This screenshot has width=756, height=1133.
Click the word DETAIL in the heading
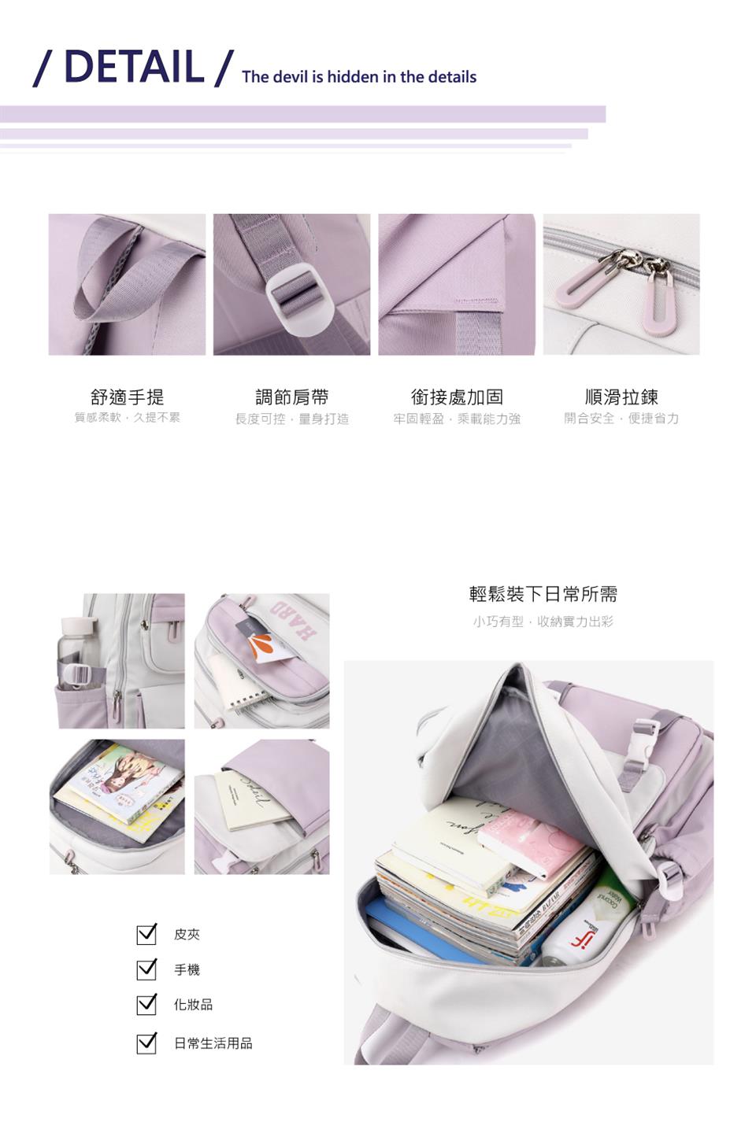tap(133, 66)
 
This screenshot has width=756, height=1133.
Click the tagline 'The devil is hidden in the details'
tap(359, 77)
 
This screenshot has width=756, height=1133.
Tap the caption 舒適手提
tap(127, 397)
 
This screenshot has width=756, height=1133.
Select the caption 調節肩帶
tap(291, 397)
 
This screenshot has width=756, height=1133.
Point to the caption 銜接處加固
tap(457, 397)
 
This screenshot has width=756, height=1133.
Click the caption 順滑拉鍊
tap(621, 397)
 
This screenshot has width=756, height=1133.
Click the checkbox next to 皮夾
tap(146, 934)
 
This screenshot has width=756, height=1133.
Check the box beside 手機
tap(146, 969)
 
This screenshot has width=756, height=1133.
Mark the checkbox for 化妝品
tap(146, 1005)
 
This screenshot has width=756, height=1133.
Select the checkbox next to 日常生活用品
tap(146, 1043)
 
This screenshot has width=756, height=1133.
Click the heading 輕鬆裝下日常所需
tap(543, 594)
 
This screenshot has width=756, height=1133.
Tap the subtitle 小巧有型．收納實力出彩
tap(543, 622)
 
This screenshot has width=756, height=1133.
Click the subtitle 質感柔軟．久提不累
tap(127, 418)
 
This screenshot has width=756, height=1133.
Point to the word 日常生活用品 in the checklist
tap(213, 1043)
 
